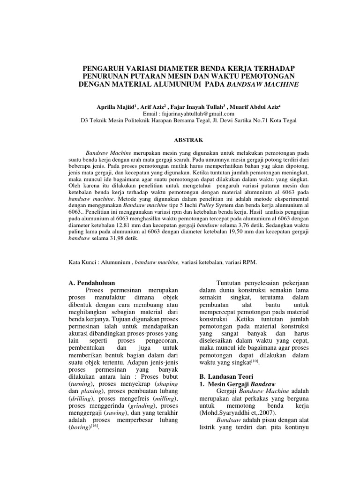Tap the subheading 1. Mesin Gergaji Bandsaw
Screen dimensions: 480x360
click(x=227, y=384)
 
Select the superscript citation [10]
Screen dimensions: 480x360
click(x=255, y=361)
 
